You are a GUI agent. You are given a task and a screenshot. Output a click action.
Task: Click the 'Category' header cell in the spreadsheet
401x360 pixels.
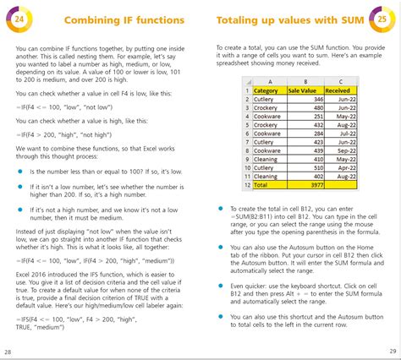click(x=266, y=90)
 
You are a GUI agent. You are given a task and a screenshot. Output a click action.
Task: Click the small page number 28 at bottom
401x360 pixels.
click(x=8, y=351)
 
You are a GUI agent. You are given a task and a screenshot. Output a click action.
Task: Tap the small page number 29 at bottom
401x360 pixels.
click(x=393, y=351)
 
